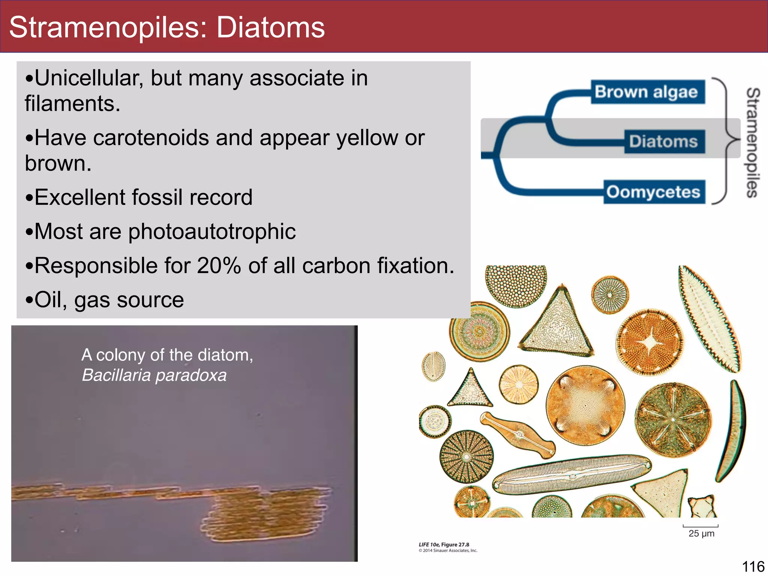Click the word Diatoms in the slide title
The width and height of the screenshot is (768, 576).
270,28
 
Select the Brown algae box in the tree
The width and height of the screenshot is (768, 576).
647,92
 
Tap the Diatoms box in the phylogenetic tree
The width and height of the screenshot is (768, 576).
664,142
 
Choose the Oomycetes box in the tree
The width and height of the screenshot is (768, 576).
654,192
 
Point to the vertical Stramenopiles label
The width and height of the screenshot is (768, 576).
753,142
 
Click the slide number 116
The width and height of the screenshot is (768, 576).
753,567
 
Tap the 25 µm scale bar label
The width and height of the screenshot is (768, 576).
701,533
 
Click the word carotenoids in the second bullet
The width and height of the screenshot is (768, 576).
151,138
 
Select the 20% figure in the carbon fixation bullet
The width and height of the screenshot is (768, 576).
219,266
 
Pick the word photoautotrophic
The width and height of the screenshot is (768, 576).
212,231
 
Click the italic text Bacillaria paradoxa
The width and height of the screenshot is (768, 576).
154,375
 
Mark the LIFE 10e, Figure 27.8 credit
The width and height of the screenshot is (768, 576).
444,544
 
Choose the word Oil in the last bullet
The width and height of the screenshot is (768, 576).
48,300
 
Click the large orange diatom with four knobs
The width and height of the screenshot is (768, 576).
585,405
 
